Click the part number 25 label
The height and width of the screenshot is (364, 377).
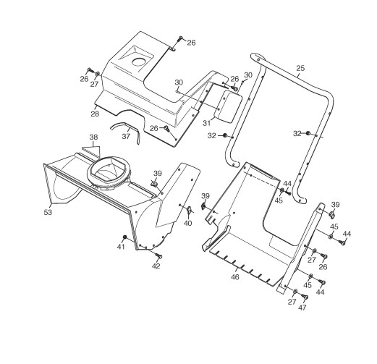[x=300, y=68]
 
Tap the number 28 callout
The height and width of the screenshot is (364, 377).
[x=95, y=114]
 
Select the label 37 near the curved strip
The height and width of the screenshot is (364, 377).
[x=126, y=137]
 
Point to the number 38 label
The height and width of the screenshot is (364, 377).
[x=93, y=137]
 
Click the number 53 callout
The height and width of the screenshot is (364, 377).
[x=48, y=212]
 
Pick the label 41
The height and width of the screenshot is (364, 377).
[x=121, y=247]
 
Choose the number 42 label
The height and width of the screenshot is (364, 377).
[x=156, y=266]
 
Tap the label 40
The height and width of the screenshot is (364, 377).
[x=187, y=224]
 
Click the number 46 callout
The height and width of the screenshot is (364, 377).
[x=235, y=277]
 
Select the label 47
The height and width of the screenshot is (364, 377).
[x=302, y=308]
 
